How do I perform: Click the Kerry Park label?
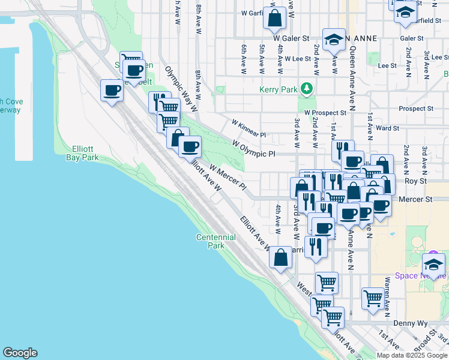coord(279,89)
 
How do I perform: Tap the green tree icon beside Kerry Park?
coord(307,89)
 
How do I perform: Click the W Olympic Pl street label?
coord(254,148)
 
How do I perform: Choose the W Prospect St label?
coord(325,112)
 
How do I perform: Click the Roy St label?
coord(414,180)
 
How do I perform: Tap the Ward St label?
coord(387,128)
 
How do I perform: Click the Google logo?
coord(20,353)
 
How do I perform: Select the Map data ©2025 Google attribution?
coord(412,355)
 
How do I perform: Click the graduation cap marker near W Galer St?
coord(334,40)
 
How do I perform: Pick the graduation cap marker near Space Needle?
coord(433,265)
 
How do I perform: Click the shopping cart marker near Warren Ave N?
coord(373,297)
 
